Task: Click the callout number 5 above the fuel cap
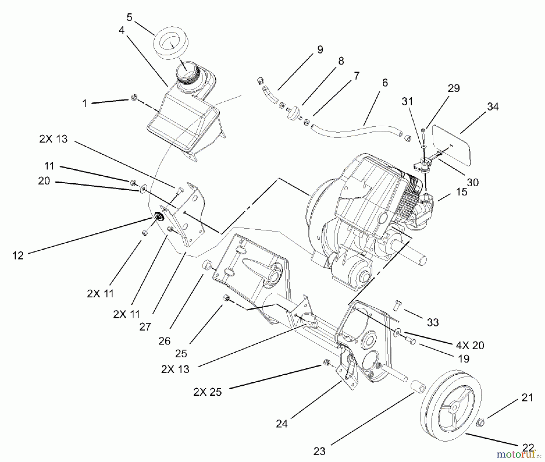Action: (129, 18)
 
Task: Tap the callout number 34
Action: (493, 107)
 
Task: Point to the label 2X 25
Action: (207, 392)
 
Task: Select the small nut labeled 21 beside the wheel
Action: (480, 423)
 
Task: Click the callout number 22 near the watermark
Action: (528, 447)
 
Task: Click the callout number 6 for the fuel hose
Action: (385, 83)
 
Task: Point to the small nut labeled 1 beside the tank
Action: (134, 98)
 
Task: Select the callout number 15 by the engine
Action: (461, 192)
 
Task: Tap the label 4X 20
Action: (470, 345)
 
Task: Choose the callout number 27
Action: (145, 327)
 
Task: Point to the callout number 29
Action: (454, 88)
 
